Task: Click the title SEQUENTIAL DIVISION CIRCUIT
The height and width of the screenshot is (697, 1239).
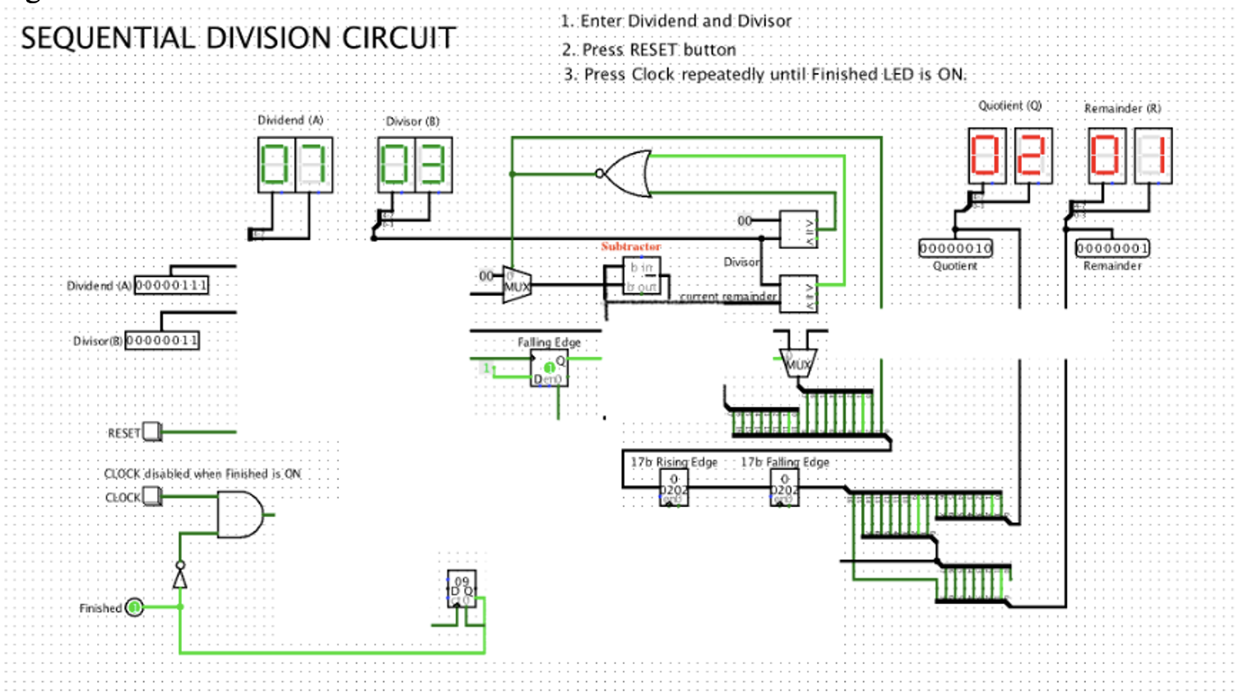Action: pyautogui.click(x=238, y=38)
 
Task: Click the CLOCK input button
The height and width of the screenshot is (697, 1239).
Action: pyautogui.click(x=152, y=496)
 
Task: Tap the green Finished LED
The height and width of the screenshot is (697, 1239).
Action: pyautogui.click(x=134, y=607)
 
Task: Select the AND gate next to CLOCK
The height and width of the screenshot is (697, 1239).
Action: pyautogui.click(x=239, y=515)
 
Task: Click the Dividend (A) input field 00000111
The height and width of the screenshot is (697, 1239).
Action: pyautogui.click(x=171, y=285)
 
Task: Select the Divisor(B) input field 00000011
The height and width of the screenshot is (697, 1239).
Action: pyautogui.click(x=162, y=340)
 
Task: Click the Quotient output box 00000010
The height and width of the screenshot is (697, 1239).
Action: pyautogui.click(x=955, y=248)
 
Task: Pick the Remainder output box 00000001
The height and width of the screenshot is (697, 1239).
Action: pyautogui.click(x=1112, y=248)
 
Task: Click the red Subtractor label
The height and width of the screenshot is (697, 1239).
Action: pyautogui.click(x=630, y=247)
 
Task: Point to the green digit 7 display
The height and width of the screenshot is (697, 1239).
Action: pyautogui.click(x=313, y=164)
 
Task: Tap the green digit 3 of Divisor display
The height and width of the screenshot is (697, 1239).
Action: pyautogui.click(x=434, y=164)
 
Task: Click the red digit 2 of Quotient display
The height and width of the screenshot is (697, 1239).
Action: pyautogui.click(x=1032, y=155)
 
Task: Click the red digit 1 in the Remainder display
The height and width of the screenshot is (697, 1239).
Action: pyautogui.click(x=1153, y=155)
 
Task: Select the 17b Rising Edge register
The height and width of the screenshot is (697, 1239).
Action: pyautogui.click(x=674, y=489)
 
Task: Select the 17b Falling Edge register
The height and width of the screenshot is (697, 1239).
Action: pyautogui.click(x=784, y=489)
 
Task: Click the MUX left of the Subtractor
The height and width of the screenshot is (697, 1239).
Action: pyautogui.click(x=516, y=286)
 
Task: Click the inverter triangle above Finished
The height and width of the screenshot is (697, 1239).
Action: pyautogui.click(x=180, y=579)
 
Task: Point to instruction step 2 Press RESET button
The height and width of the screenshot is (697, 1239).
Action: pyautogui.click(x=649, y=50)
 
